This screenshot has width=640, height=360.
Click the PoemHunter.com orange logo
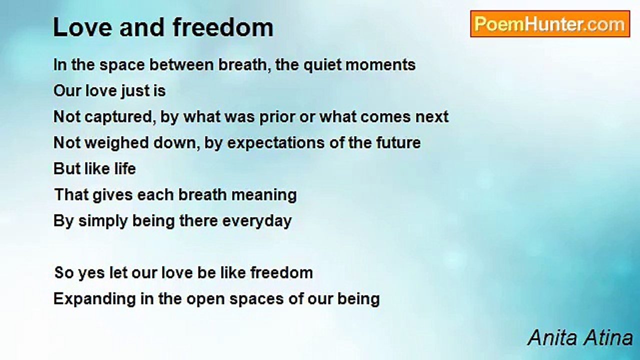tap(550, 24)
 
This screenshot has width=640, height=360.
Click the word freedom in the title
tap(223, 27)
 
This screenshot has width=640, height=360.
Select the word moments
tap(380, 65)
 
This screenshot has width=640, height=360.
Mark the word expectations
tap(275, 143)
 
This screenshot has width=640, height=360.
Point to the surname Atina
tap(608, 338)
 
